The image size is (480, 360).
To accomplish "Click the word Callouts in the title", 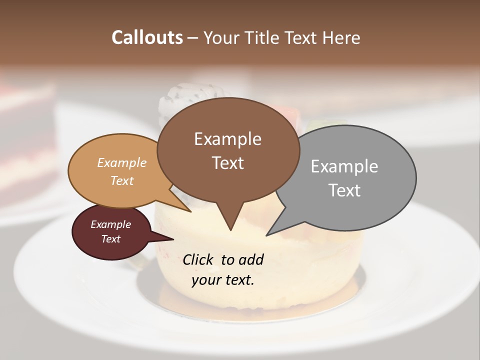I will tap(147, 37).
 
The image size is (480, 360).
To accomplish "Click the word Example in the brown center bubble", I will tap(227, 139).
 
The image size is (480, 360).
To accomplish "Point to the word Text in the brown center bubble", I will tap(227, 163).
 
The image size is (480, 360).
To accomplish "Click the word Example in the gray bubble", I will tap(344, 166).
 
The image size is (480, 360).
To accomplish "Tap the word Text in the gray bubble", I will tap(344, 190).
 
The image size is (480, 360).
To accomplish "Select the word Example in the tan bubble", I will tap(121, 163).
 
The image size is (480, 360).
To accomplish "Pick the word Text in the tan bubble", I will tap(121, 180).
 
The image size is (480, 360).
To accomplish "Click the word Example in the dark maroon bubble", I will tap(110, 224).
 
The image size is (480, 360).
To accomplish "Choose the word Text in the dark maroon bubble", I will tap(110, 239).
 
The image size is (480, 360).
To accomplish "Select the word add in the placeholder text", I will tap(251, 259).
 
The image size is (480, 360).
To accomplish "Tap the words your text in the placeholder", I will tap(222, 280).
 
